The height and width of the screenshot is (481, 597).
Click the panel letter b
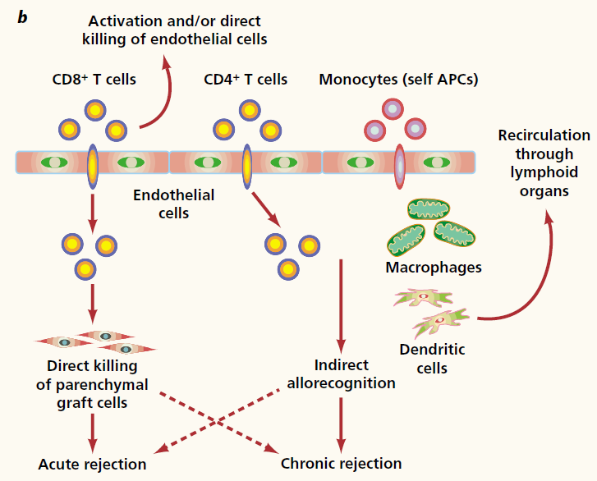point(23,16)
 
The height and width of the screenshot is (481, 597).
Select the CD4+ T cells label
point(246,80)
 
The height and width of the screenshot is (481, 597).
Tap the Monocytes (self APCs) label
point(398,80)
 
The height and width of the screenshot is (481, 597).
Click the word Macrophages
point(433,267)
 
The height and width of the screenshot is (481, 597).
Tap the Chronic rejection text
point(342,464)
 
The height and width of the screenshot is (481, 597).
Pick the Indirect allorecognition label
point(342,373)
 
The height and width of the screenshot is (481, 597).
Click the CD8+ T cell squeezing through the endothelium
point(93,163)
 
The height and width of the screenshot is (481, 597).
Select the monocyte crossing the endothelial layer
point(399,163)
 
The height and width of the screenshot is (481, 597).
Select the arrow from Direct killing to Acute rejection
point(92,432)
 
